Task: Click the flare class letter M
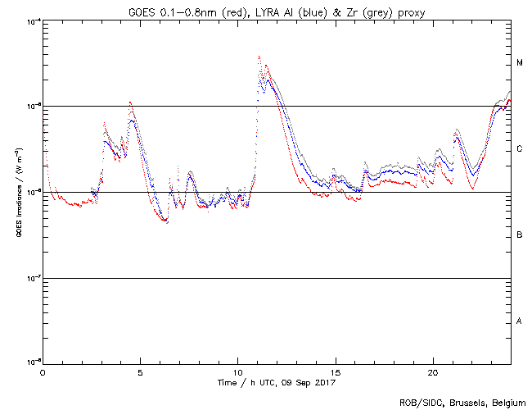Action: click(x=520, y=63)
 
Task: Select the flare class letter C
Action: click(x=520, y=149)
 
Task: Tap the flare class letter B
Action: click(x=520, y=235)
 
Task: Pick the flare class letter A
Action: click(x=520, y=321)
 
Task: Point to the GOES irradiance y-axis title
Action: click(x=18, y=193)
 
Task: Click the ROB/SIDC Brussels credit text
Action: click(x=462, y=402)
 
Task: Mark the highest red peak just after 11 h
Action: click(x=259, y=57)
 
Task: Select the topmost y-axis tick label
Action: click(x=31, y=20)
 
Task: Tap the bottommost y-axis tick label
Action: click(x=31, y=362)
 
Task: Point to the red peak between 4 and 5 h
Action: click(x=130, y=102)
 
